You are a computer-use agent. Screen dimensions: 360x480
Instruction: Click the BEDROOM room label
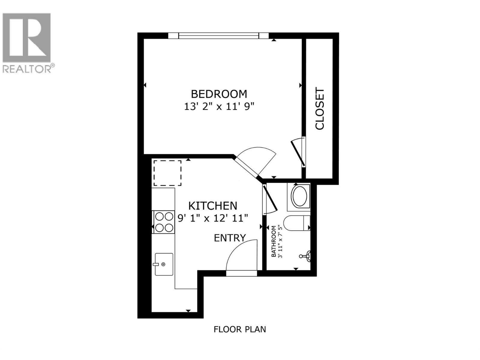coord(219,94)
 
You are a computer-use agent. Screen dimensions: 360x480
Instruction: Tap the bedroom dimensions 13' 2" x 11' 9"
coord(219,106)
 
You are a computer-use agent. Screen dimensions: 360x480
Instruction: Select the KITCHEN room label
coord(213,206)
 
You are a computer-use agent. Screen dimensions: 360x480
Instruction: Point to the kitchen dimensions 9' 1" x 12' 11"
coord(213,218)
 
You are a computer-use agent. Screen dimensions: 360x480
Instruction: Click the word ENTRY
coord(230,238)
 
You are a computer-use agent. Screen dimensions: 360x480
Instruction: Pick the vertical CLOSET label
coord(320,109)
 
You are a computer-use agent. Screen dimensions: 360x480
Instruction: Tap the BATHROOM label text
coord(273,241)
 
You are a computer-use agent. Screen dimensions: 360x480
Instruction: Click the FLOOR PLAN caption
coord(240,329)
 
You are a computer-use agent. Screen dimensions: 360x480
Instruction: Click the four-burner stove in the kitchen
coord(163,222)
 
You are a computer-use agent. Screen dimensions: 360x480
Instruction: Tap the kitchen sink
coord(164,264)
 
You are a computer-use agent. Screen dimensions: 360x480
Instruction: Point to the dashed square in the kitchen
coord(167,173)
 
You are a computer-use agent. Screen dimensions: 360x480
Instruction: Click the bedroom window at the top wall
coord(218,36)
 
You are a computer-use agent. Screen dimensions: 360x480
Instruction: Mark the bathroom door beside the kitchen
coord(269,199)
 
